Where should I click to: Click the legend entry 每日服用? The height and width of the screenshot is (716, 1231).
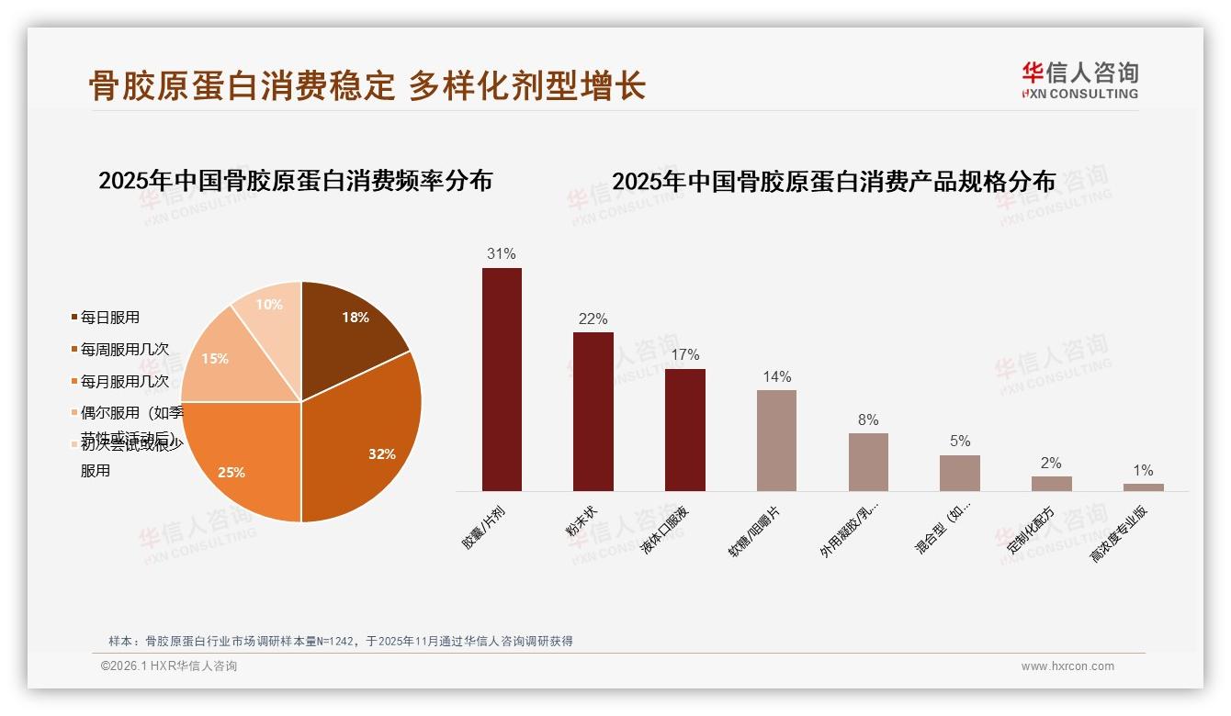click(109, 318)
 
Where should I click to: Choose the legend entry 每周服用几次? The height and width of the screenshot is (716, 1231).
click(124, 350)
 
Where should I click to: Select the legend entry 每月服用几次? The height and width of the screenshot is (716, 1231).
click(124, 381)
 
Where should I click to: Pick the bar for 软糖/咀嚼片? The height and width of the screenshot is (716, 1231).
click(776, 441)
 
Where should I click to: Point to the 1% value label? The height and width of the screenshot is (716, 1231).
click(1143, 470)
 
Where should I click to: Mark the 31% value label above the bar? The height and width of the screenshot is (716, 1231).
click(502, 253)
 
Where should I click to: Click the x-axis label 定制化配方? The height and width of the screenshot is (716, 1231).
click(1031, 531)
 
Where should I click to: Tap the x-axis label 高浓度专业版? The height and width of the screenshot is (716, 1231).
click(1118, 534)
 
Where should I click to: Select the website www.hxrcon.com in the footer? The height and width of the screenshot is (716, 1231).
click(1067, 666)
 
